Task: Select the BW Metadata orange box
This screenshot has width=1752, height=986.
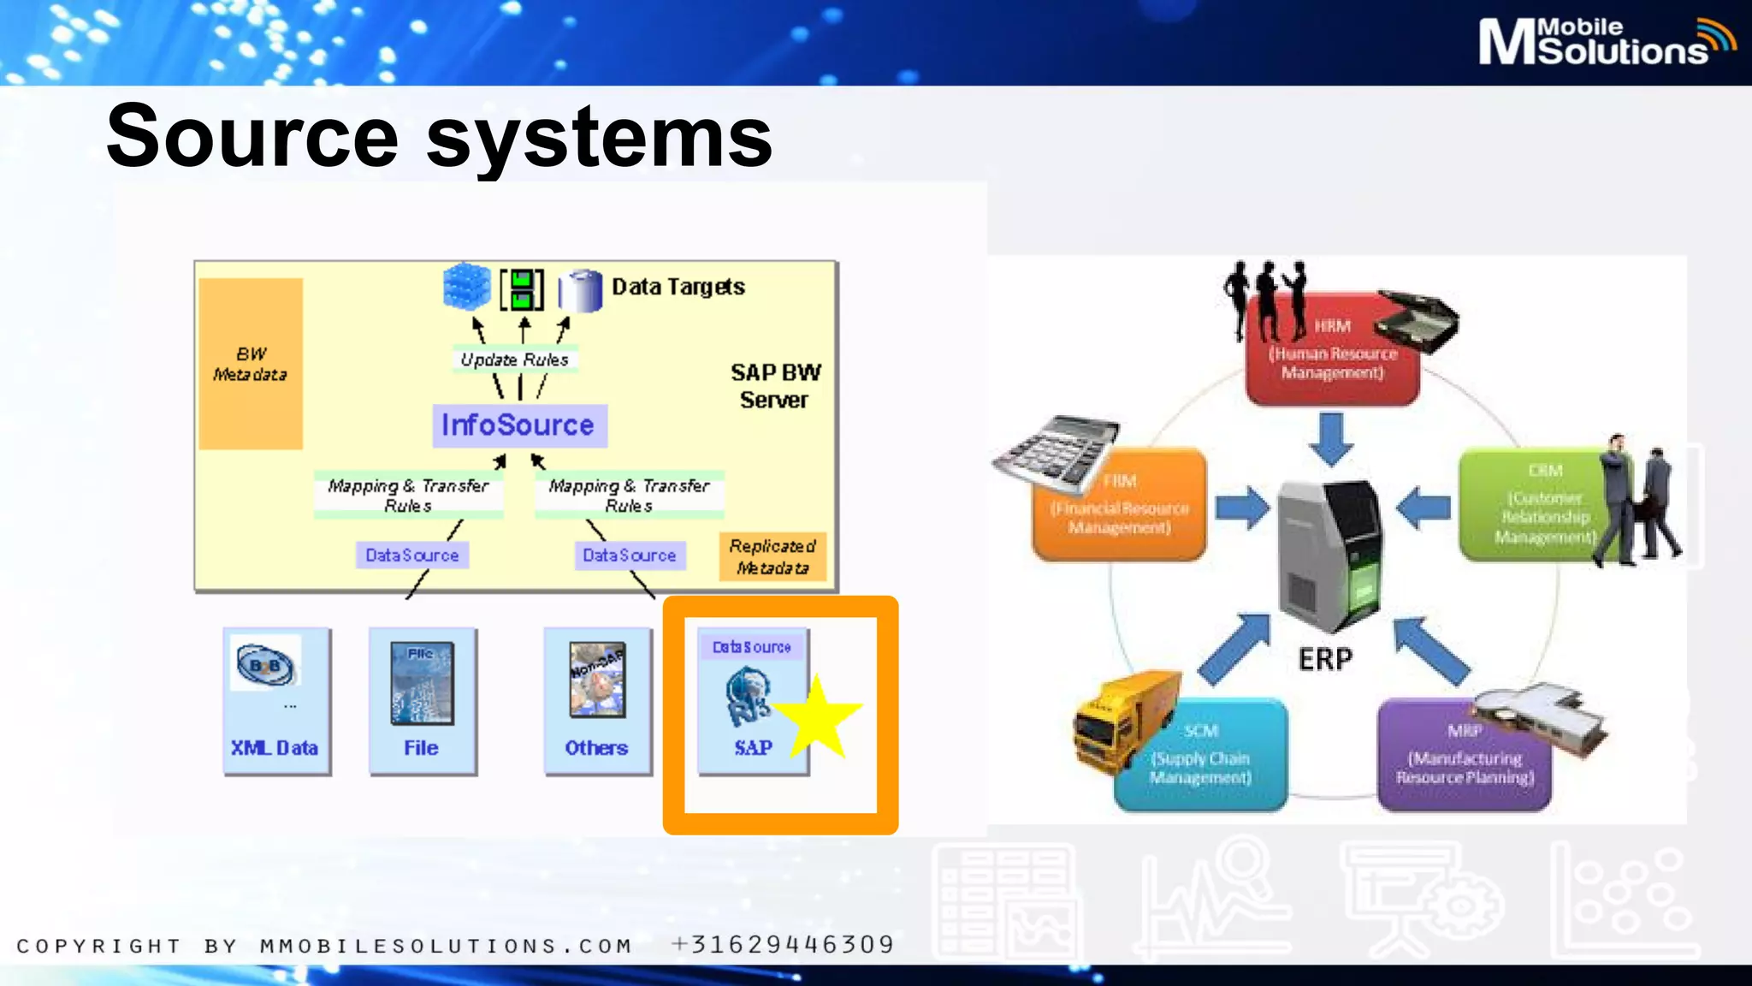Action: pyautogui.click(x=251, y=364)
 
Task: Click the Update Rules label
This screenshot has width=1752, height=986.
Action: pyautogui.click(x=514, y=359)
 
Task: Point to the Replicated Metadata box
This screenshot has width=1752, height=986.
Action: pyautogui.click(x=772, y=556)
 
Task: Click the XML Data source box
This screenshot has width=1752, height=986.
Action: pyautogui.click(x=276, y=701)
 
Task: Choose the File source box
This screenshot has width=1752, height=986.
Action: pyautogui.click(x=423, y=701)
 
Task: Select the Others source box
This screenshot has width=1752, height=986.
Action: pyautogui.click(x=597, y=701)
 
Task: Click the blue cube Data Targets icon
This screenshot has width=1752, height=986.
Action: pyautogui.click(x=466, y=287)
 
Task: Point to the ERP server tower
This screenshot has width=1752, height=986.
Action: pyautogui.click(x=1329, y=556)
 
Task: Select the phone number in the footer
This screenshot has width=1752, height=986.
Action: pyautogui.click(x=783, y=945)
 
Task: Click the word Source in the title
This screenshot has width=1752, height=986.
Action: pyautogui.click(x=253, y=137)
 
